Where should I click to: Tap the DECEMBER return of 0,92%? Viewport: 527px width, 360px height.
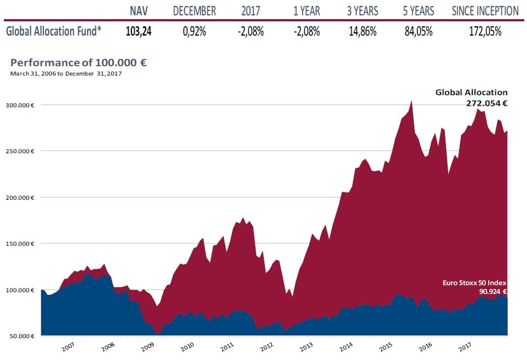194,31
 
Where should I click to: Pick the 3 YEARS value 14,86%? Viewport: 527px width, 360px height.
362,31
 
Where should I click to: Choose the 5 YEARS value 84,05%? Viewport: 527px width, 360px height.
418,31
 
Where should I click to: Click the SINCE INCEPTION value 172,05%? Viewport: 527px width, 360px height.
485,31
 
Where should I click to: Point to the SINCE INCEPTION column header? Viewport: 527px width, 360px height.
485,11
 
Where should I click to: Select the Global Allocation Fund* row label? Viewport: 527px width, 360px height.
54,31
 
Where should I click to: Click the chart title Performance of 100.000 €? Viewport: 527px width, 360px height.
78,63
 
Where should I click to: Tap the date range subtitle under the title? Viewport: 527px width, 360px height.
66,73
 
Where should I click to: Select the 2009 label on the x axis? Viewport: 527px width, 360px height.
148,347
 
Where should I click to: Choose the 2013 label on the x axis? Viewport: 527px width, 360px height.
306,347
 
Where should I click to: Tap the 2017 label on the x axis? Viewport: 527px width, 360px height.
465,347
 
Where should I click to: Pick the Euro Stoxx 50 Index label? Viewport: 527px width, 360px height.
474,283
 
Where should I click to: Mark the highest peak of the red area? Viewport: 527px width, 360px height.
411,101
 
